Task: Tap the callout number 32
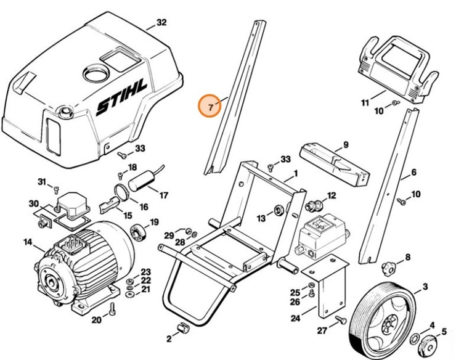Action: coord(161,23)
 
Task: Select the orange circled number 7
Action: coord(210,107)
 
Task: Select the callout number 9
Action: coord(345,144)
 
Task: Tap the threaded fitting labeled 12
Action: coord(313,203)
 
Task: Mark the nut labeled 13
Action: coord(278,212)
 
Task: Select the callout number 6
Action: coord(413,173)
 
